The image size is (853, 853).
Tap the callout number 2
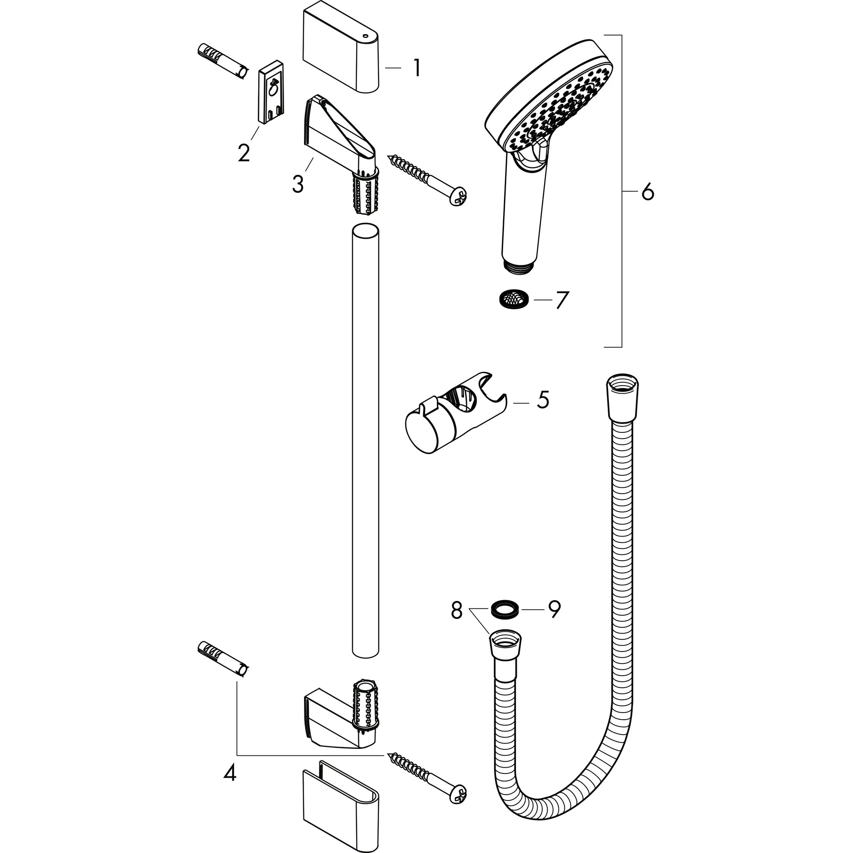coord(243,152)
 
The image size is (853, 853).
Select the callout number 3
coord(298,184)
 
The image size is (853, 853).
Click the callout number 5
coord(543,399)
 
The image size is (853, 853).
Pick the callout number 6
coord(647,192)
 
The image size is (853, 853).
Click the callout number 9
coord(554,610)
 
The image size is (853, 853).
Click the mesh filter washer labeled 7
coord(509,299)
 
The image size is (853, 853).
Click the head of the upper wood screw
coord(457,196)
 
